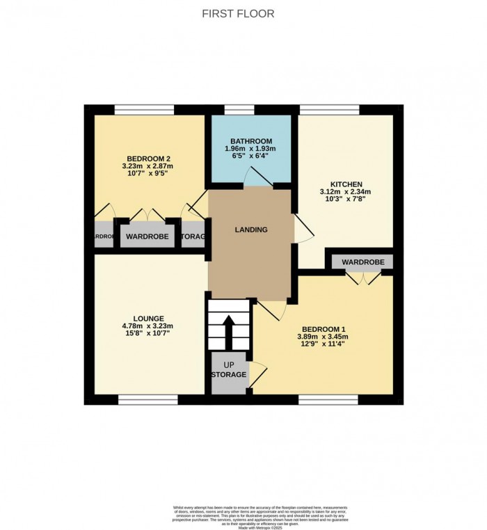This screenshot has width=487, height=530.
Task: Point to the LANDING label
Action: [x=251, y=230]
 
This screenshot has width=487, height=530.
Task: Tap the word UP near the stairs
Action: [x=229, y=364]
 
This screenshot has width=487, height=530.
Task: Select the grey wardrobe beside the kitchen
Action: [x=362, y=262]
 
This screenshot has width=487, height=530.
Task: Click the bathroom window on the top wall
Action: [x=240, y=109]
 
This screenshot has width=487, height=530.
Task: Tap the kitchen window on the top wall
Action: [x=329, y=109]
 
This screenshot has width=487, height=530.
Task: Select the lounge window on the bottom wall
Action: [x=147, y=399]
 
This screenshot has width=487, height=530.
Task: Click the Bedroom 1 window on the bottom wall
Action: [x=328, y=399]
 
